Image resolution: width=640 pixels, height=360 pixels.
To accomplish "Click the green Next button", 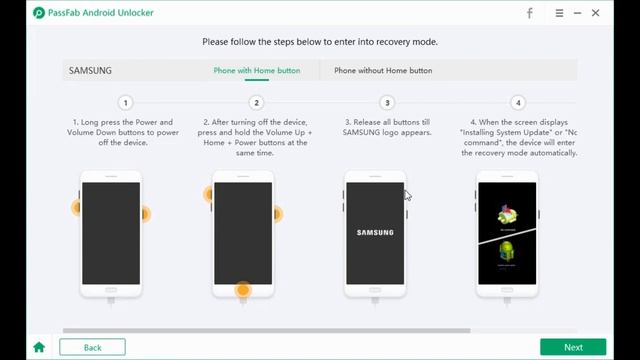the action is tap(573, 347).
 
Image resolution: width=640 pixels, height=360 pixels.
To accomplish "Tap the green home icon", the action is tap(39, 347).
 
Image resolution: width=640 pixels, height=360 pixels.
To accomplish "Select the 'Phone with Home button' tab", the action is tap(257, 70).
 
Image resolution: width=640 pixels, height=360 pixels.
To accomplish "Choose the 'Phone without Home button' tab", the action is tap(383, 70).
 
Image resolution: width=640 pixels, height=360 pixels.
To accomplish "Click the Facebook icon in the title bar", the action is tap(530, 13).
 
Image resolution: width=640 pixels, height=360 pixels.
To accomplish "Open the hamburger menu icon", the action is tap(559, 13).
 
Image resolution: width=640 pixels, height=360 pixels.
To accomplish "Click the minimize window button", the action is tap(577, 13).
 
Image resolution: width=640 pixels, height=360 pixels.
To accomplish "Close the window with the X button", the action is tap(596, 13).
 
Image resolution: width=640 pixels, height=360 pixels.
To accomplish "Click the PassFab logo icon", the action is tap(39, 13).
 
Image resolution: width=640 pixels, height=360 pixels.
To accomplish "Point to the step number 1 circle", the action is tap(126, 103).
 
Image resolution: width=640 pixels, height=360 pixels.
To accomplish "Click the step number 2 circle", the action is tap(256, 103).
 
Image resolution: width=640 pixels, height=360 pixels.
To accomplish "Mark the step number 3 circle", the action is tap(387, 103).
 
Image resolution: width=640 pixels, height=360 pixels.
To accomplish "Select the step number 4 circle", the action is tap(518, 103).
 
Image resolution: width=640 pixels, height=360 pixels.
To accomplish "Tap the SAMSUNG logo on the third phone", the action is tap(375, 233).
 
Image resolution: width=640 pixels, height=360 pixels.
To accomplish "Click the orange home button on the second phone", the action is tap(243, 289).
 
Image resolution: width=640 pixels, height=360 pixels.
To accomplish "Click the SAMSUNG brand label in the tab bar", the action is tap(90, 70).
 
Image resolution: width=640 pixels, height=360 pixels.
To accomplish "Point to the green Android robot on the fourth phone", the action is tap(507, 251).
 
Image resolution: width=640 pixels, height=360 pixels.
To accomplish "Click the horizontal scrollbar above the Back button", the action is tap(267, 331).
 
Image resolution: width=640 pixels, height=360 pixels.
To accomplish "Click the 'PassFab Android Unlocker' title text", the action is tap(101, 13).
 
